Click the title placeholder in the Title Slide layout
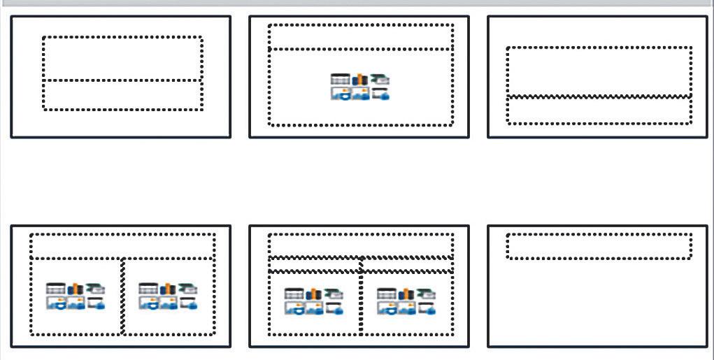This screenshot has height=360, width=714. [x=122, y=58]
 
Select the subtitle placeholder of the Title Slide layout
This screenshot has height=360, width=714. [x=122, y=94]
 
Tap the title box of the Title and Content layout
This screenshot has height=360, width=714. [x=361, y=37]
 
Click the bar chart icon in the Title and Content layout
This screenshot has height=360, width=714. [x=359, y=80]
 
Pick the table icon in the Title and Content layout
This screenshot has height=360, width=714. [x=340, y=80]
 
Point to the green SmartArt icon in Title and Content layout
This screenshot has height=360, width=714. [x=380, y=79]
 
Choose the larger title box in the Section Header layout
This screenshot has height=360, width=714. [x=599, y=71]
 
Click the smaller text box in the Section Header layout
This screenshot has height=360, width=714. [x=599, y=110]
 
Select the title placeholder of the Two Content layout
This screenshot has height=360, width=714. [x=122, y=245]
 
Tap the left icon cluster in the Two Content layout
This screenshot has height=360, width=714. [x=76, y=296]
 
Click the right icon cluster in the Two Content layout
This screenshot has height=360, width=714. [x=169, y=296]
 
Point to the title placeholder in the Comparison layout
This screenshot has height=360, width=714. [x=361, y=245]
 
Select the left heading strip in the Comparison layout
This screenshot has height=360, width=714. [x=314, y=265]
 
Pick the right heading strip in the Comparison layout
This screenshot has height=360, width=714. [x=407, y=265]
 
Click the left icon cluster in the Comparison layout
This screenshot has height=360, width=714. [x=314, y=301]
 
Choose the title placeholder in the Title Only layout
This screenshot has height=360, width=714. [x=599, y=246]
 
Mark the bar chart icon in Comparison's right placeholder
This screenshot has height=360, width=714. [x=406, y=294]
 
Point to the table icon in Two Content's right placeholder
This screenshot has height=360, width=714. [x=148, y=289]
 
